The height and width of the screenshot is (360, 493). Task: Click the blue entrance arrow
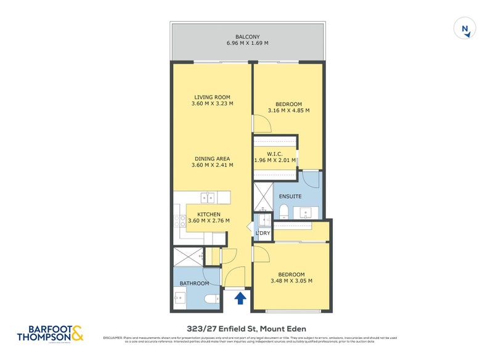(x=240, y=298)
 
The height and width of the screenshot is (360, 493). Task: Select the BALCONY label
(x=246, y=37)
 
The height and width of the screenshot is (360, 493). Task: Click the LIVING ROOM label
(x=212, y=97)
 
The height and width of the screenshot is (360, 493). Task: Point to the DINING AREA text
(x=212, y=158)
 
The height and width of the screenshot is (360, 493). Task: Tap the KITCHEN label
(x=209, y=215)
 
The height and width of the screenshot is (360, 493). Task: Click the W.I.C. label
(x=275, y=154)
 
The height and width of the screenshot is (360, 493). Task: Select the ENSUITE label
(x=290, y=197)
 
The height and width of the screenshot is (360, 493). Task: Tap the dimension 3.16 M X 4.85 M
(x=288, y=111)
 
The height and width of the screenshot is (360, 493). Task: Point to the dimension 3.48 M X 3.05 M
(x=291, y=281)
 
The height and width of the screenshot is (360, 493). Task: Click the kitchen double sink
(x=208, y=198)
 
